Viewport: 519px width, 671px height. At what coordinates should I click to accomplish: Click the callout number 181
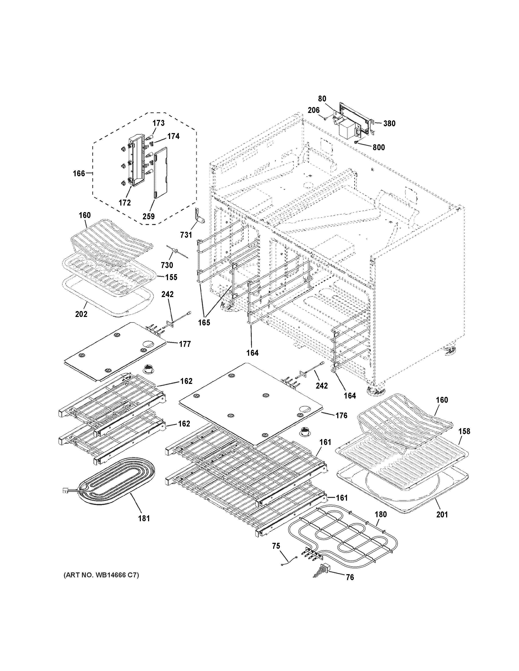tap(144, 518)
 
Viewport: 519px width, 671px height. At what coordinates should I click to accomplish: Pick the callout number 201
tap(442, 514)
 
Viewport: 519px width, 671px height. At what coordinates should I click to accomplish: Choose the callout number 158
tap(464, 431)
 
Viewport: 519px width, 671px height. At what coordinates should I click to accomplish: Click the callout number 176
tap(341, 416)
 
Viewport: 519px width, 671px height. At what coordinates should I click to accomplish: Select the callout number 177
tap(185, 344)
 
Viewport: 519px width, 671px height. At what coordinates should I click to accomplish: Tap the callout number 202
tap(81, 314)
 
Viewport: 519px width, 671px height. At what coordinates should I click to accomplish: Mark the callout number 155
tap(171, 277)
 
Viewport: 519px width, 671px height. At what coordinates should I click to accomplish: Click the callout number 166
tap(79, 174)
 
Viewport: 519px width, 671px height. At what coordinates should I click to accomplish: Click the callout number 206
tap(314, 110)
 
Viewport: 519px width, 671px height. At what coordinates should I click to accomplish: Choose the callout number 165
tap(204, 323)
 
